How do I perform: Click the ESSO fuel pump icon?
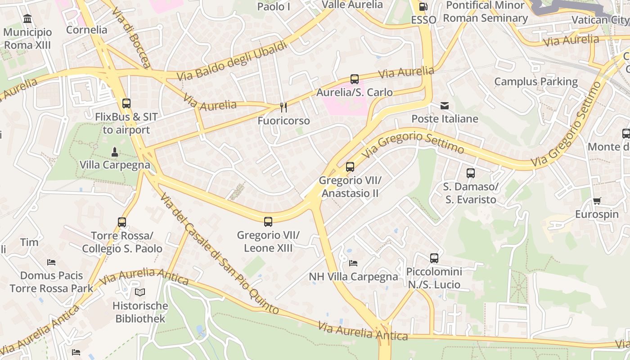[423, 7]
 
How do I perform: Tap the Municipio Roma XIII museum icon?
[27, 19]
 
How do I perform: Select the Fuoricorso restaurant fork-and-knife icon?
[283, 107]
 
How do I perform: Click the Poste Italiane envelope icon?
[445, 106]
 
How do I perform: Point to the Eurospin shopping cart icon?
[597, 201]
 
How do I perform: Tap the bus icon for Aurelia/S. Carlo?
[355, 79]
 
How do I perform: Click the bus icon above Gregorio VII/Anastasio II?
[350, 167]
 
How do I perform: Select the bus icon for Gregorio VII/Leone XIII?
[268, 221]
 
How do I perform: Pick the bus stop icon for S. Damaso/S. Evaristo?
[470, 173]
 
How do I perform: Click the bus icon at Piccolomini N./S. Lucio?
[434, 258]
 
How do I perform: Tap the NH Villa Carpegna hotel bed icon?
[353, 263]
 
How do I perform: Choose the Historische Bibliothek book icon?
[140, 292]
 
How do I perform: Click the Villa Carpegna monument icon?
[115, 152]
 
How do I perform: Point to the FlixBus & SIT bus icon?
[126, 103]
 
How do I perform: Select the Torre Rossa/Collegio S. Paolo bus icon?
[122, 222]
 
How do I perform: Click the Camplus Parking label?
[536, 81]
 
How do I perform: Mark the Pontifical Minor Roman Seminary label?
[485, 12]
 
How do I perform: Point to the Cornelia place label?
[86, 30]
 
